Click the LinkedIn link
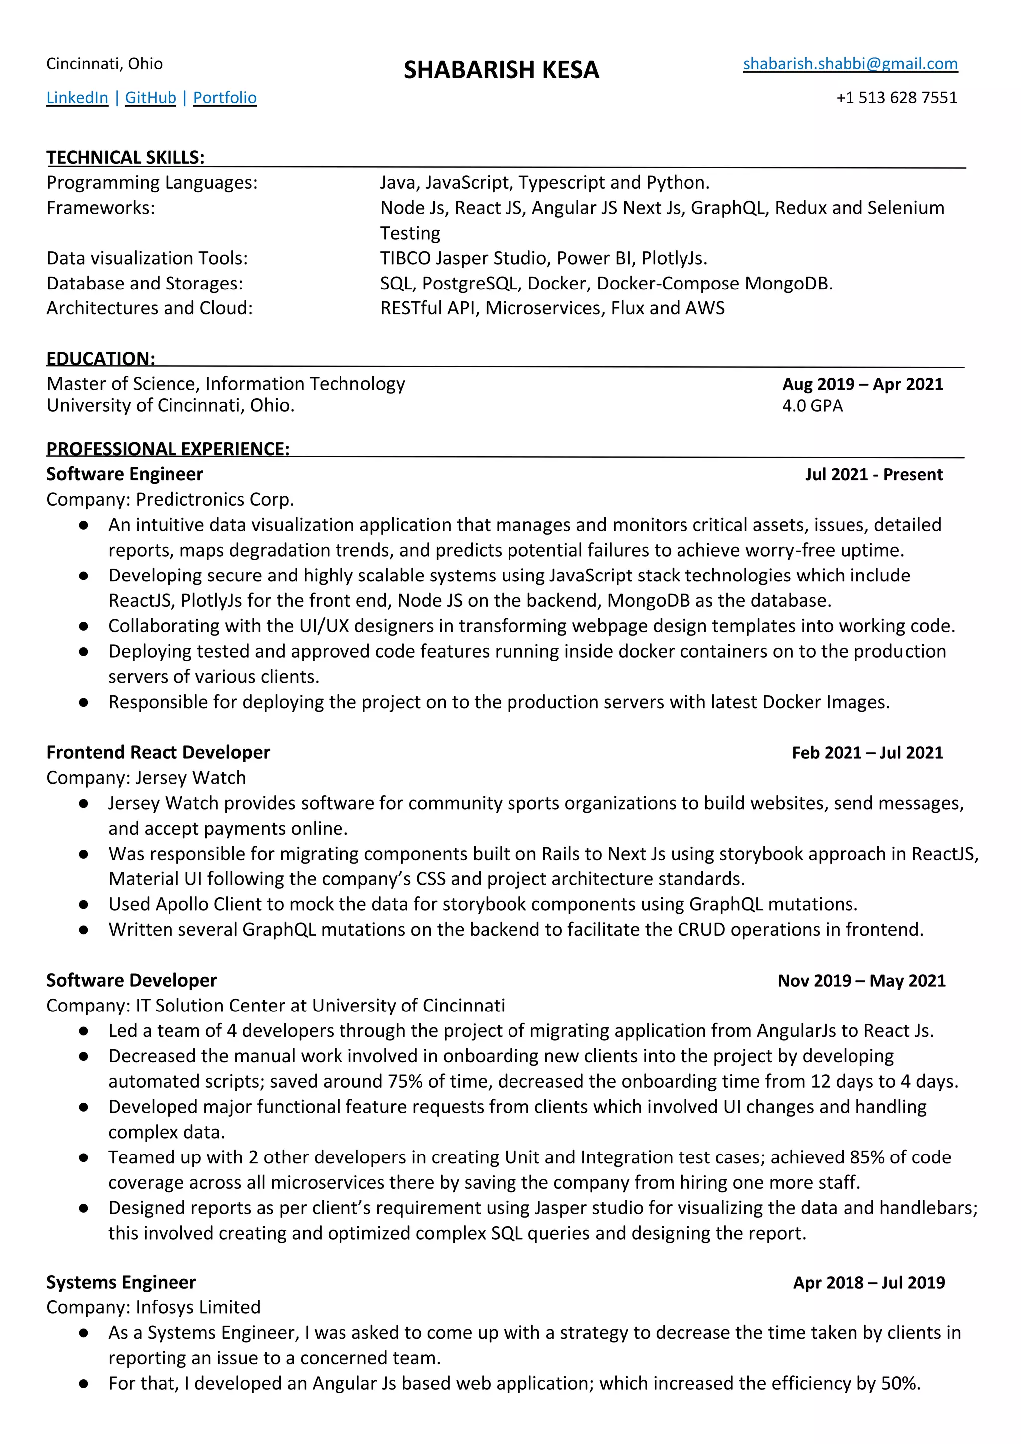click(x=77, y=98)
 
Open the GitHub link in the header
click(x=151, y=98)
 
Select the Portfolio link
click(x=224, y=98)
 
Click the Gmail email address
click(x=850, y=63)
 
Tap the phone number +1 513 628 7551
click(x=896, y=98)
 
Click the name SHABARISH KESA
click(x=501, y=70)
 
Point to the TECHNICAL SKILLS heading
click(x=125, y=157)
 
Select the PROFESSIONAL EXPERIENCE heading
click(x=168, y=449)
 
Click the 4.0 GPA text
click(x=812, y=406)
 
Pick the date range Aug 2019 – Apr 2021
click(x=862, y=384)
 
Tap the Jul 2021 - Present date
click(x=873, y=475)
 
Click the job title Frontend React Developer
click(x=158, y=753)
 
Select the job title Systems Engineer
click(x=121, y=1283)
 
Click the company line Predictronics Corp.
click(x=170, y=499)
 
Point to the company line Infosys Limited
click(x=153, y=1307)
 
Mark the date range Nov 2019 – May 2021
click(x=861, y=981)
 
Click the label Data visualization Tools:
click(x=147, y=258)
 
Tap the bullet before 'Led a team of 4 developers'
click(x=84, y=1031)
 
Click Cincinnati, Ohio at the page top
click(x=104, y=63)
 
